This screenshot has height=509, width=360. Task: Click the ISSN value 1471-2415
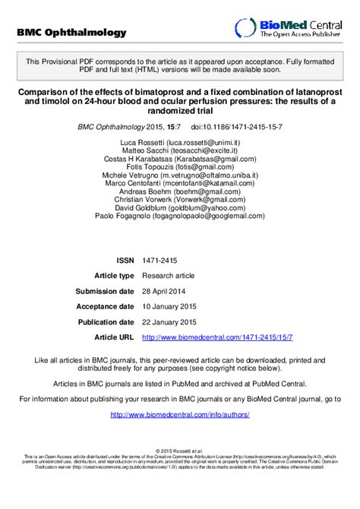[x=158, y=259]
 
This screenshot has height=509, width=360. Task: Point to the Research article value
[x=169, y=275]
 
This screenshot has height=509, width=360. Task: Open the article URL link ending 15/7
[x=217, y=337]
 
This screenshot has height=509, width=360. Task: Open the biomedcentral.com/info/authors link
[x=180, y=414]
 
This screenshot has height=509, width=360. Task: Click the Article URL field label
[x=114, y=337]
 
